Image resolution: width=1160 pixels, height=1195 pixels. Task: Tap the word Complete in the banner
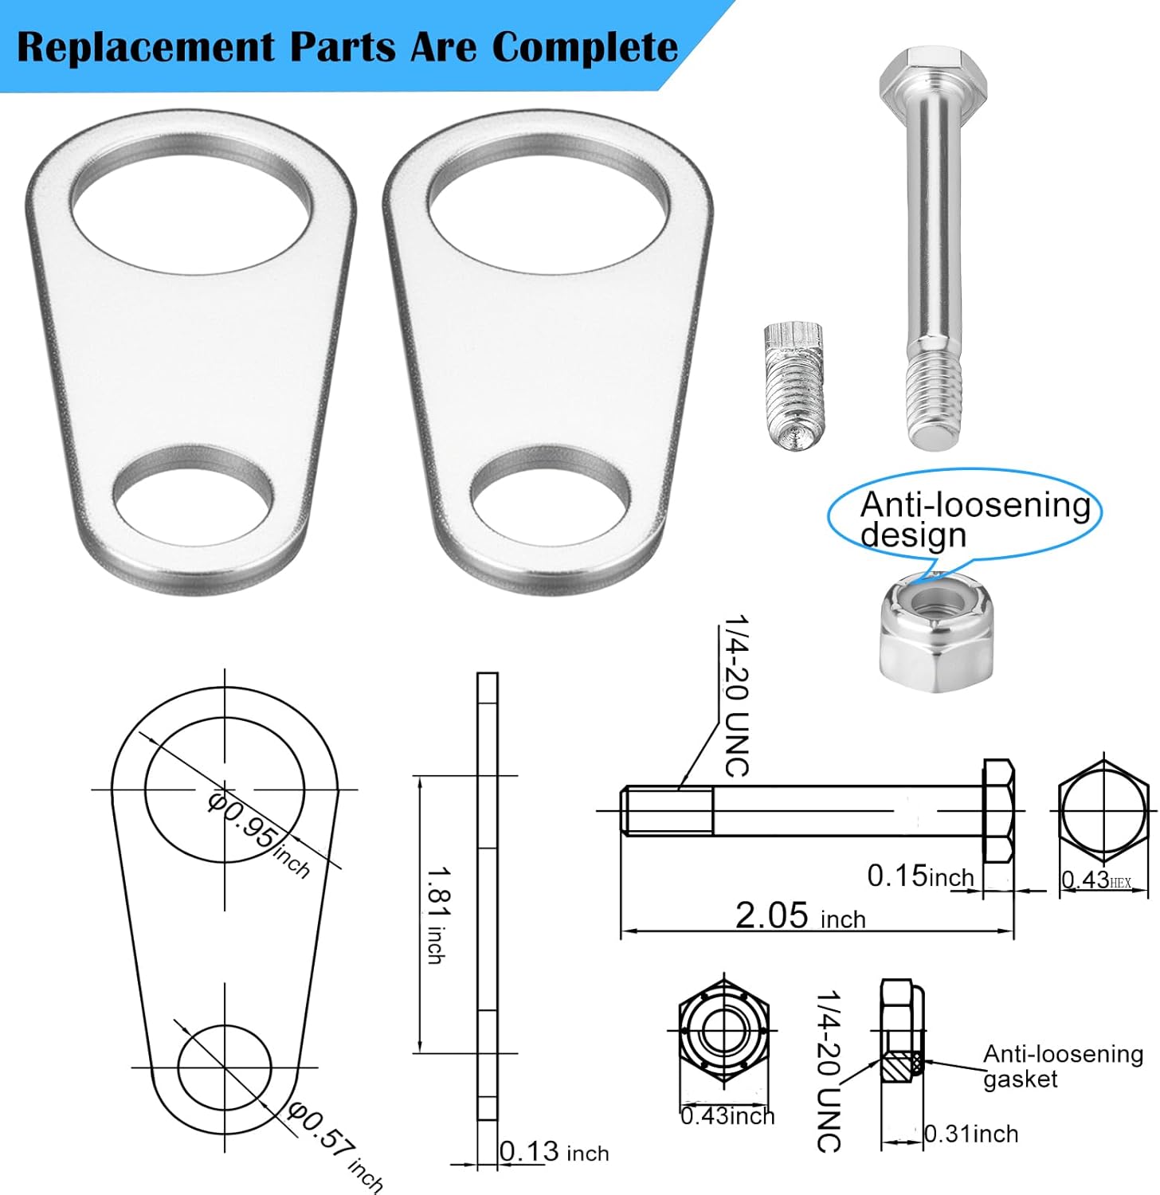coord(585,48)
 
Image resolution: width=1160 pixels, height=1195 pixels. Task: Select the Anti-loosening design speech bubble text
coord(974,519)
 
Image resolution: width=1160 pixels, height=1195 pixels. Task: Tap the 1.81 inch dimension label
coord(437,915)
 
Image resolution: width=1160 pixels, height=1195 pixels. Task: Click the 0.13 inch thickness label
coord(555,1152)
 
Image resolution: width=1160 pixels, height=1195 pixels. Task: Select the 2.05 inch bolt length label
coord(799,916)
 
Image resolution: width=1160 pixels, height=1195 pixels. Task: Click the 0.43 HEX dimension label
coord(1096,880)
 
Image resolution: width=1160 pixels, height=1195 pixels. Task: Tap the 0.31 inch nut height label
coord(971,1134)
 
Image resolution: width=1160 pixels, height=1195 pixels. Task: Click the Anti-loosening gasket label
coord(1062,1066)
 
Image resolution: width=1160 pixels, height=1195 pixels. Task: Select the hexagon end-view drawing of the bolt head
coord(1103,810)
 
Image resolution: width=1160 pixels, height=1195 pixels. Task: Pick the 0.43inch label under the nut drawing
coord(727,1116)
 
